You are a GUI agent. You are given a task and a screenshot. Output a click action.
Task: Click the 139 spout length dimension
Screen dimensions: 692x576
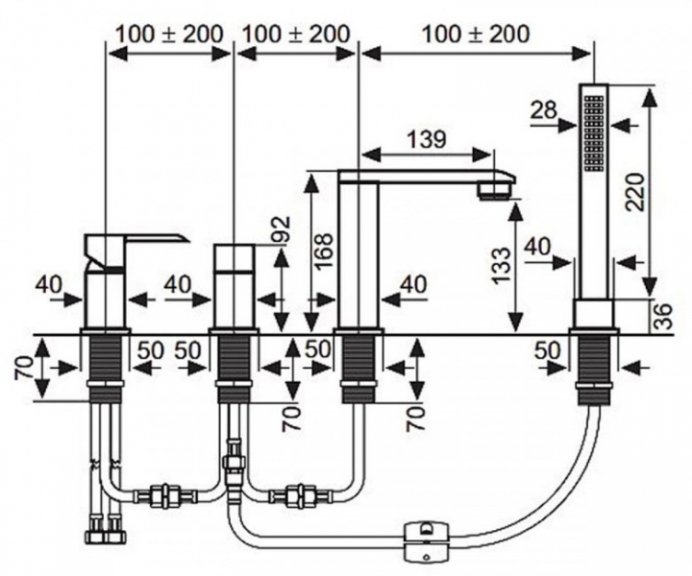tap(426, 140)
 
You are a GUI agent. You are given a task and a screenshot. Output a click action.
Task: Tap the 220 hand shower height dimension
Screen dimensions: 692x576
tap(636, 192)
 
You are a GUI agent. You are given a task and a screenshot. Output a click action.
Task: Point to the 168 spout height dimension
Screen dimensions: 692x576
tap(325, 250)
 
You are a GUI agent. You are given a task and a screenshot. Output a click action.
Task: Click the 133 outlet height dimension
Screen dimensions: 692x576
tap(502, 266)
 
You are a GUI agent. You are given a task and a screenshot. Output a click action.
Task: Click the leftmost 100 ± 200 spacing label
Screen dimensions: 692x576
tap(169, 34)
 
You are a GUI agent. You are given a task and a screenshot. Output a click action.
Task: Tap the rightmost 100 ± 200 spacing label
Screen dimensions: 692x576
tap(476, 34)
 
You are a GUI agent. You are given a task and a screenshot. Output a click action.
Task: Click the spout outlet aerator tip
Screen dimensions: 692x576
tap(494, 191)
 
